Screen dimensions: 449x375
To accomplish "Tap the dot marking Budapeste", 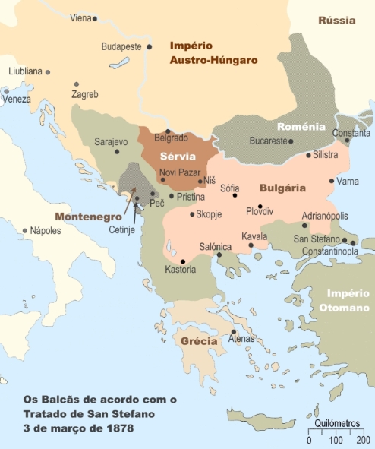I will pyautogui.click(x=150, y=46).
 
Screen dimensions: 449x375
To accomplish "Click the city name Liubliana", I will pyautogui.click(x=24, y=71).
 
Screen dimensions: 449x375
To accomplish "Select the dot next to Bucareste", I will pyautogui.click(x=292, y=141).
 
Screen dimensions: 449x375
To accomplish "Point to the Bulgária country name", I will pyautogui.click(x=282, y=187).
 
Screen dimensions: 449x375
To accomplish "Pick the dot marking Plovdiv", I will pyautogui.click(x=260, y=206).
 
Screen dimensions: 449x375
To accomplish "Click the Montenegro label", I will pyautogui.click(x=87, y=216).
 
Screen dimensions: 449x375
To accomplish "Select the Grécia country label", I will pyautogui.click(x=199, y=340).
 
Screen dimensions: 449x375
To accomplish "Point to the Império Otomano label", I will pyautogui.click(x=348, y=300).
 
